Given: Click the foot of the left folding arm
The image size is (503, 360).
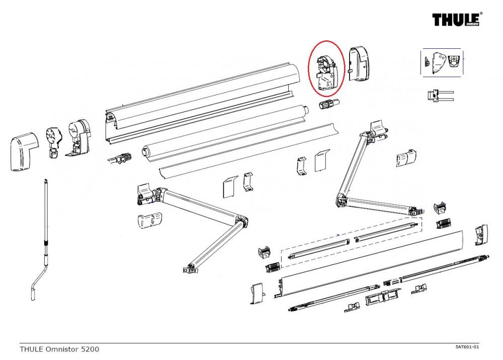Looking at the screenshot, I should click(191, 269).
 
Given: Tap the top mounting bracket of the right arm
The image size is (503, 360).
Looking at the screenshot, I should click(378, 130).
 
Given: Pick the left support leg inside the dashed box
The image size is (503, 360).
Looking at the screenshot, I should click(318, 248).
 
